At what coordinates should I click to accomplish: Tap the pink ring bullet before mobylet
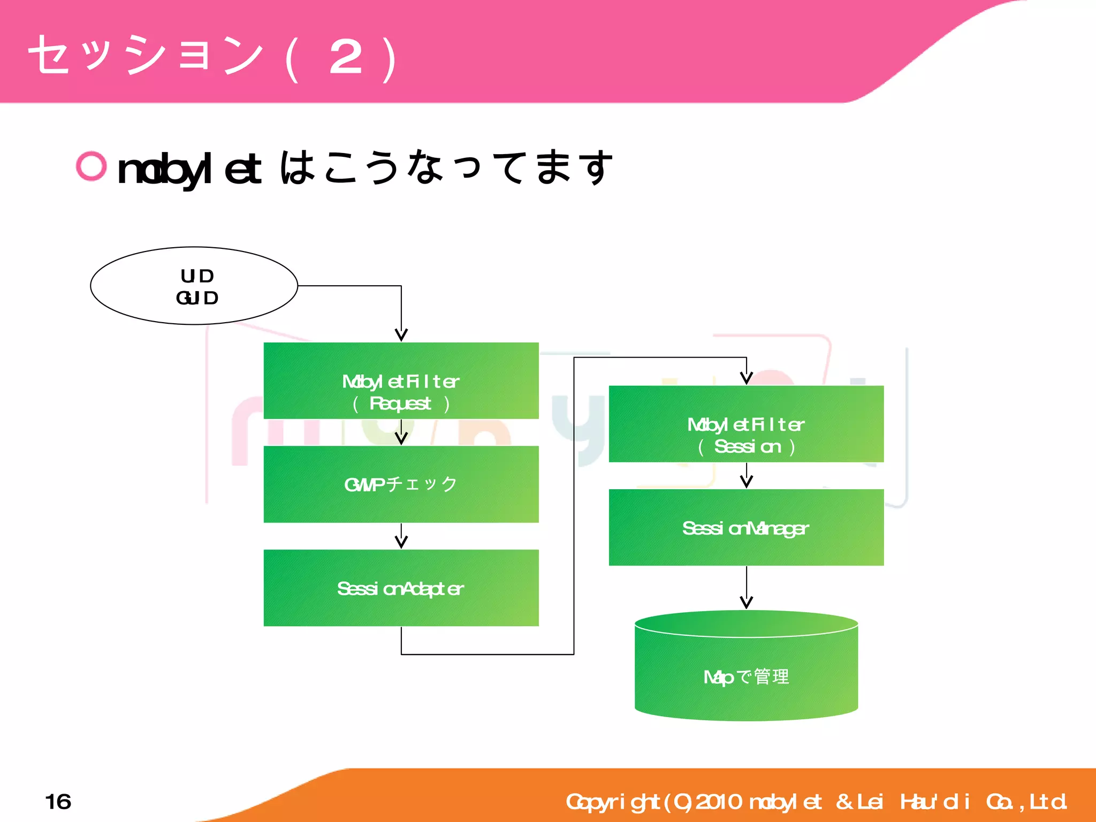(x=91, y=166)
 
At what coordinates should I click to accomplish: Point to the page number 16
(x=58, y=802)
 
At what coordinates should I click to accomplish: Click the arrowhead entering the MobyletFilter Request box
(x=401, y=335)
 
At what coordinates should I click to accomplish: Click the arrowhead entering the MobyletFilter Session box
(x=747, y=378)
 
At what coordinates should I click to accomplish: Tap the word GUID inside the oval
(x=197, y=298)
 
